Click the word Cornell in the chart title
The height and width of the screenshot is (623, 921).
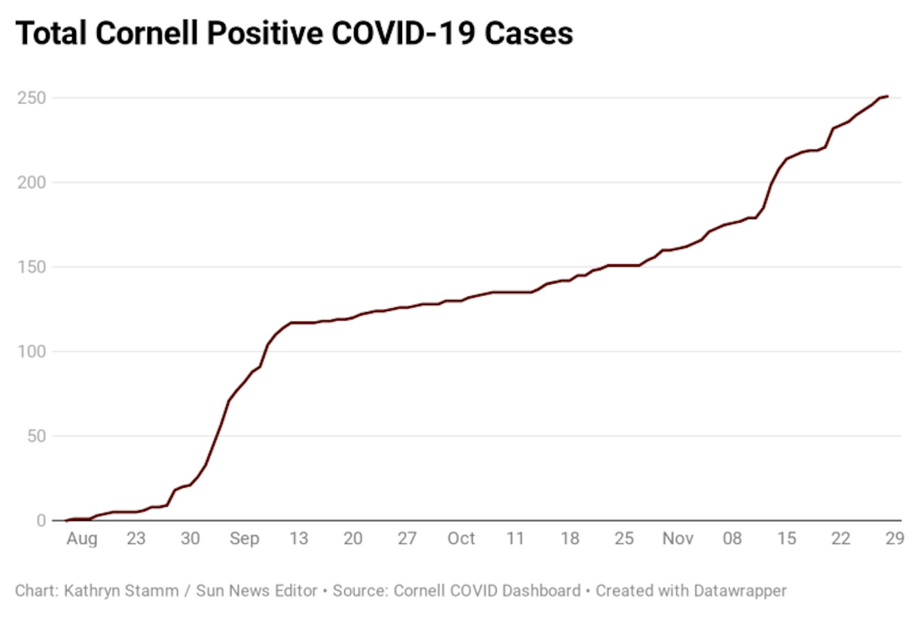pos(147,34)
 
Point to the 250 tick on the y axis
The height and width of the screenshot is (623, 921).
pos(32,98)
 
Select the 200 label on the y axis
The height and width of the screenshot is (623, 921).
pos(32,183)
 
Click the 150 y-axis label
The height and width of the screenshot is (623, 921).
pos(32,267)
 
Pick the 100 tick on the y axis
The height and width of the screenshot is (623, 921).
pos(32,352)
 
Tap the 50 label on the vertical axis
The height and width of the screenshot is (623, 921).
pos(36,436)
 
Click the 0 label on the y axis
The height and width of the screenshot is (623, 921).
pos(41,520)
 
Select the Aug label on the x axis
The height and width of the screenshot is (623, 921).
pos(82,538)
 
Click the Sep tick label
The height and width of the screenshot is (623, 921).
pos(245,538)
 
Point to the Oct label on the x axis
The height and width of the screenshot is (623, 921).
pos(461,538)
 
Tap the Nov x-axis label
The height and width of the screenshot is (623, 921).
pos(678,538)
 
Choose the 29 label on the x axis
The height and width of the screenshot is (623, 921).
pos(895,538)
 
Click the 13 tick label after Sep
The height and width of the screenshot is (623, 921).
pos(298,538)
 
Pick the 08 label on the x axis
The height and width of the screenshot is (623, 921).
pos(732,538)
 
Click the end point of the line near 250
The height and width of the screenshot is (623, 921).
pos(887,96)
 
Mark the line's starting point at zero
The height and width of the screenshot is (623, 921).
pos(66,520)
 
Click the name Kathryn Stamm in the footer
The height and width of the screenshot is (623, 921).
pos(121,591)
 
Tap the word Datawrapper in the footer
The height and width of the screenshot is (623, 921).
pos(740,591)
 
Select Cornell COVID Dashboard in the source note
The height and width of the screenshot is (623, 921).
pos(487,591)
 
